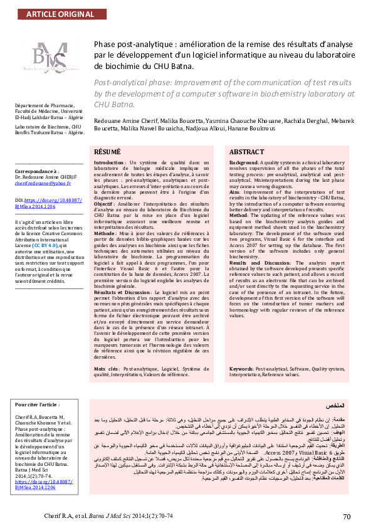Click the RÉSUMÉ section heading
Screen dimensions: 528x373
point(107,152)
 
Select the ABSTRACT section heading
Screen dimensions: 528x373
point(246,152)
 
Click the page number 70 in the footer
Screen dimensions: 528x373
point(347,516)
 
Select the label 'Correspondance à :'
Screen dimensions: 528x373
point(36,170)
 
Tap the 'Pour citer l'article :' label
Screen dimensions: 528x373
point(37,406)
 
